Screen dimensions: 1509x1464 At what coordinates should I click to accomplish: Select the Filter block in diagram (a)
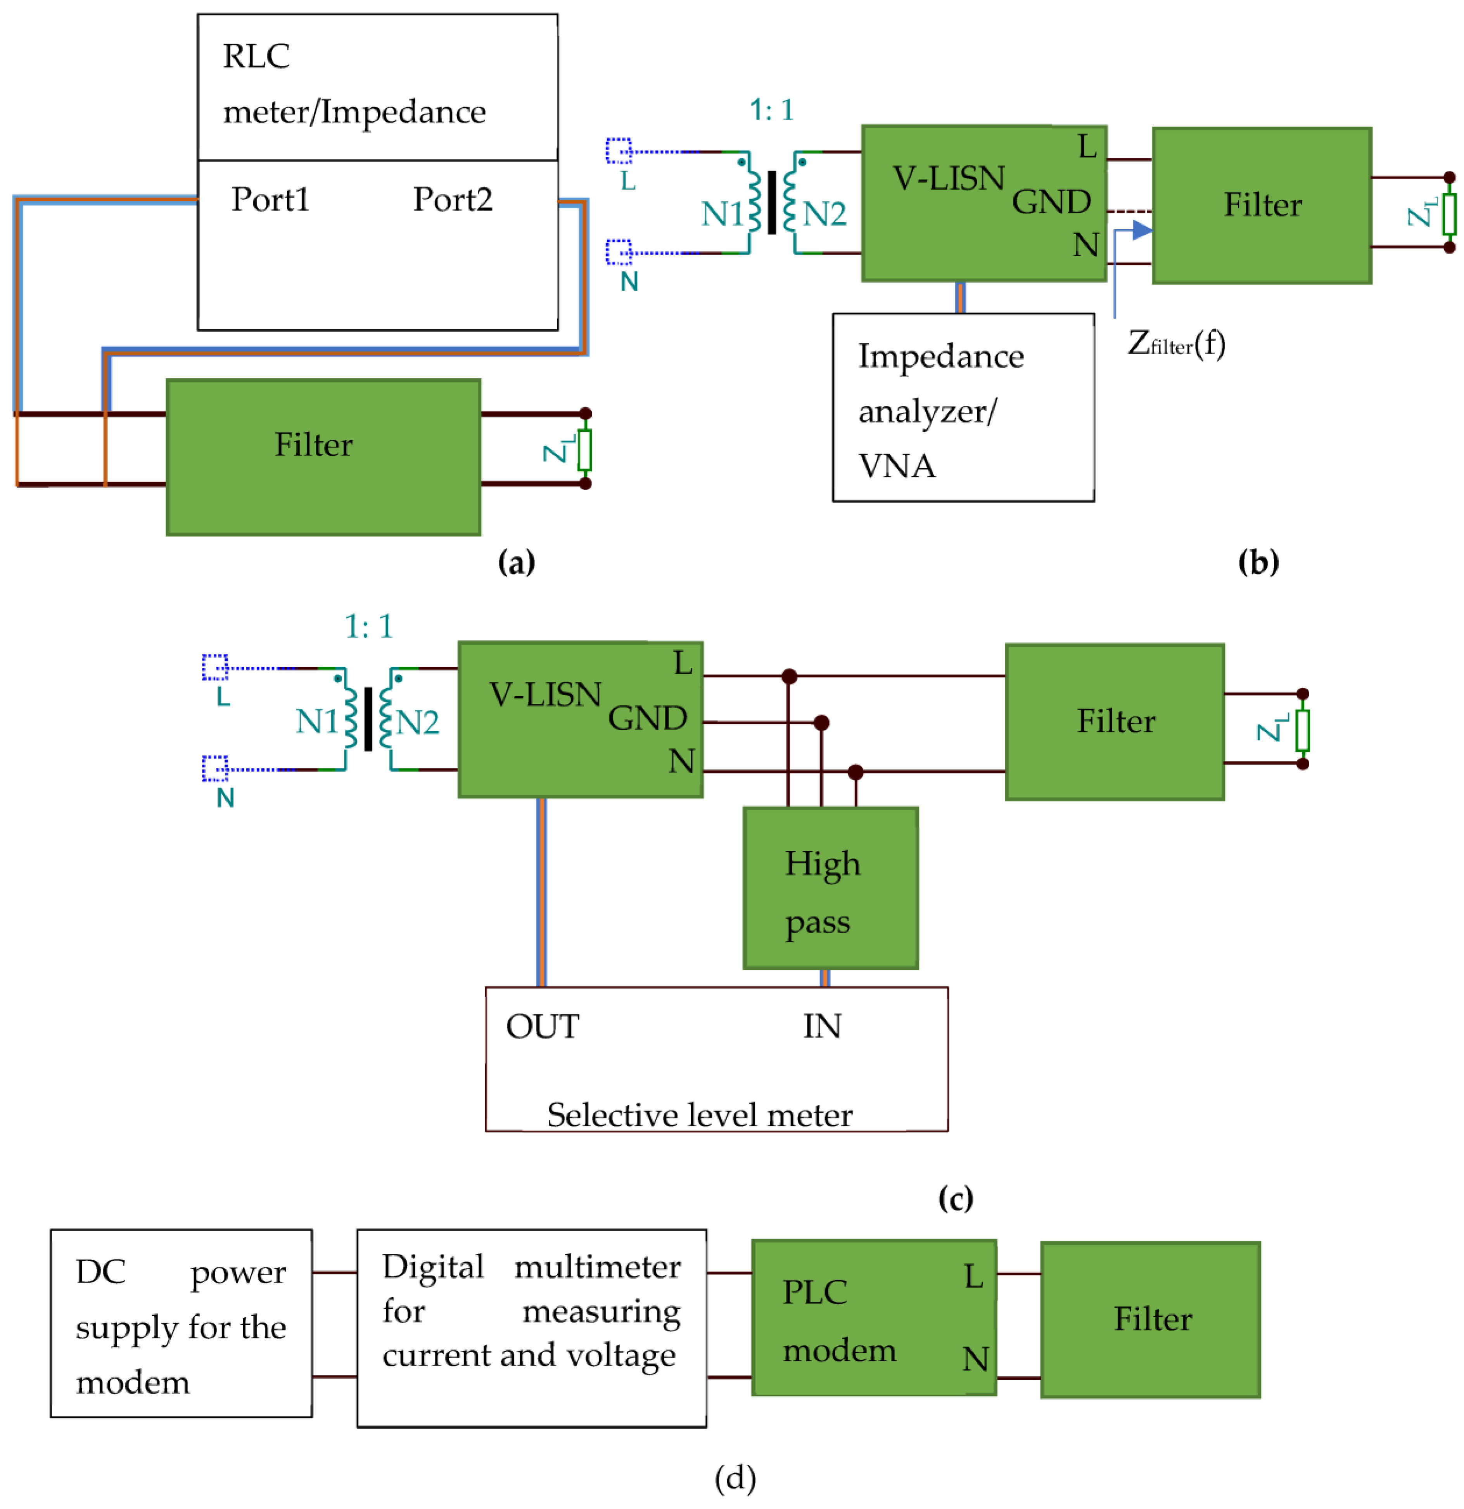(323, 457)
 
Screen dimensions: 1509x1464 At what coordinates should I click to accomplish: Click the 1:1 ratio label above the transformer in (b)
(771, 110)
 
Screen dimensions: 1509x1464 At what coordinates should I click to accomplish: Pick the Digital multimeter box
(531, 1327)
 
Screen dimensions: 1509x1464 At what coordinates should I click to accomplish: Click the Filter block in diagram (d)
(1150, 1320)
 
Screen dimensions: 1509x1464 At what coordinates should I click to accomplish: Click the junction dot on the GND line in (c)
(821, 722)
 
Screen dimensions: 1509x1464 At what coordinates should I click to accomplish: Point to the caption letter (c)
(955, 1199)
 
